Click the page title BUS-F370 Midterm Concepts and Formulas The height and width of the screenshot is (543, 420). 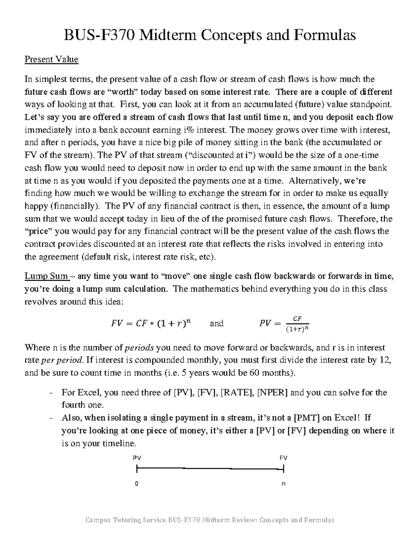[x=209, y=35]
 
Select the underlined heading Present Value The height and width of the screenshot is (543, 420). [x=51, y=59]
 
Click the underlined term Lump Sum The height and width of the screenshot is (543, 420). [x=46, y=276]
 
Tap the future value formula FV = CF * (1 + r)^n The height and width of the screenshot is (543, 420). [x=151, y=323]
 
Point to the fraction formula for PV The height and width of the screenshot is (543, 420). [x=284, y=324]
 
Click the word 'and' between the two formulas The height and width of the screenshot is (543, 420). [x=216, y=323]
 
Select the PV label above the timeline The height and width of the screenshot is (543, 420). [x=137, y=458]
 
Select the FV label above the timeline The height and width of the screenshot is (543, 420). [x=283, y=458]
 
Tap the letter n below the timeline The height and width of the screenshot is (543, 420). [x=283, y=484]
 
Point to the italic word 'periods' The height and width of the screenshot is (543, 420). [x=139, y=348]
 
